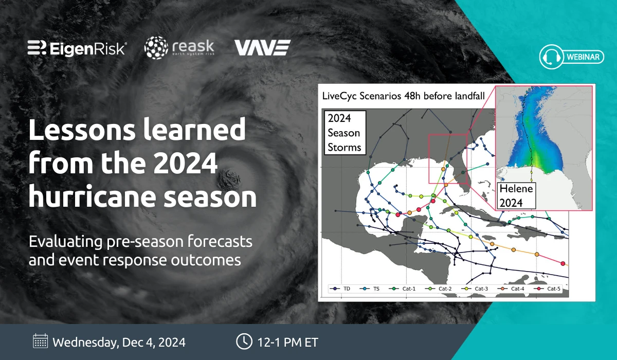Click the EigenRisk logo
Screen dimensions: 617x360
(77, 48)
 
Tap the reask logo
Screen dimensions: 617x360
(179, 48)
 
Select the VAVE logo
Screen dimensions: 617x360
(263, 48)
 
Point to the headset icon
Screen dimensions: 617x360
(551, 57)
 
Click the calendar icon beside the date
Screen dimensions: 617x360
(40, 341)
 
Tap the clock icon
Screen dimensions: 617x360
(244, 341)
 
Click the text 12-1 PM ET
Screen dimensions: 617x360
(287, 343)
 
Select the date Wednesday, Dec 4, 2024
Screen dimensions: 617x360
(119, 343)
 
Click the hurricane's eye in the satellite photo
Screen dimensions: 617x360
(229, 179)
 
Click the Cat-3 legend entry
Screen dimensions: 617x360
(475, 289)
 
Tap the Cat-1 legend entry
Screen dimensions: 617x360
(402, 289)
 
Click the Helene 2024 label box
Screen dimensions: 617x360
(516, 196)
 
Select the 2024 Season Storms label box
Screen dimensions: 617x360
(345, 133)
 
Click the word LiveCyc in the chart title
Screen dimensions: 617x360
(339, 96)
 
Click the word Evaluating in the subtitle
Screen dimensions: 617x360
(65, 242)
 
